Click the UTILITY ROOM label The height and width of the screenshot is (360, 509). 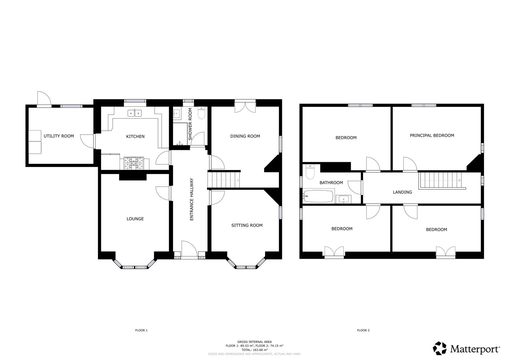(x=59, y=136)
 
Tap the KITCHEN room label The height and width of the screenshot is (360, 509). (x=135, y=136)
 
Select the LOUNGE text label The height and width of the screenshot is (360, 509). (x=135, y=219)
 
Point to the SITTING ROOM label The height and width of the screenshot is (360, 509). (x=247, y=225)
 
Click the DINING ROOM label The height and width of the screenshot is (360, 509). (x=245, y=136)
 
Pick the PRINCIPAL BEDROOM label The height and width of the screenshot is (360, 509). (x=432, y=135)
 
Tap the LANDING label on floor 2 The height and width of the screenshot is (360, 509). (x=402, y=192)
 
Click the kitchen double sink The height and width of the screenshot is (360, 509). (x=135, y=113)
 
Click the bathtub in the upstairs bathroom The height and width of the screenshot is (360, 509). (x=318, y=197)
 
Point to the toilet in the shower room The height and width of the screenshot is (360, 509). (x=201, y=113)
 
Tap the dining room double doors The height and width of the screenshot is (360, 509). (x=245, y=106)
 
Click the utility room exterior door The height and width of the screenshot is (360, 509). (x=44, y=99)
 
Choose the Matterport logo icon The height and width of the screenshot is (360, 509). (x=440, y=348)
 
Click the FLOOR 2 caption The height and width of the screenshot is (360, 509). (x=363, y=330)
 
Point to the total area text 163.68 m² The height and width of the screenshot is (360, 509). (x=254, y=350)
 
